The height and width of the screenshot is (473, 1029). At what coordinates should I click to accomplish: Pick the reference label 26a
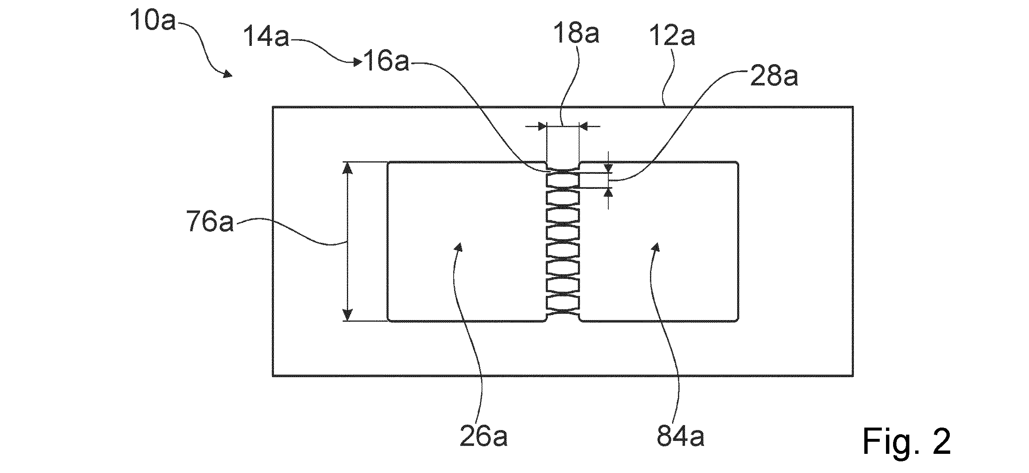(484, 436)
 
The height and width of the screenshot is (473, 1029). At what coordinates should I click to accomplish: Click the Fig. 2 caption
(907, 442)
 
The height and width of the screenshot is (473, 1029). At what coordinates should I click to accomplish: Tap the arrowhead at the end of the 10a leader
(228, 74)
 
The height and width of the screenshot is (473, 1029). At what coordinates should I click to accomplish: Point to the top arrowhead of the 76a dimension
(347, 168)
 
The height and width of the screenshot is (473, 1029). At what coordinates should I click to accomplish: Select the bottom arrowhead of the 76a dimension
(347, 315)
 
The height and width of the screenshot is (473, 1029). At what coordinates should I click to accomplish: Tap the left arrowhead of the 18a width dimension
(542, 126)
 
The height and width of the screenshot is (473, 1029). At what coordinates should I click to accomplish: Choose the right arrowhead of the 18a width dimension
(584, 126)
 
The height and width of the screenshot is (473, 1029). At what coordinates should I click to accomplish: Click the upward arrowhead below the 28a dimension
(608, 192)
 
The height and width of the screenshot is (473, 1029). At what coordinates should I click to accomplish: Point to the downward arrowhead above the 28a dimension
(608, 168)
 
